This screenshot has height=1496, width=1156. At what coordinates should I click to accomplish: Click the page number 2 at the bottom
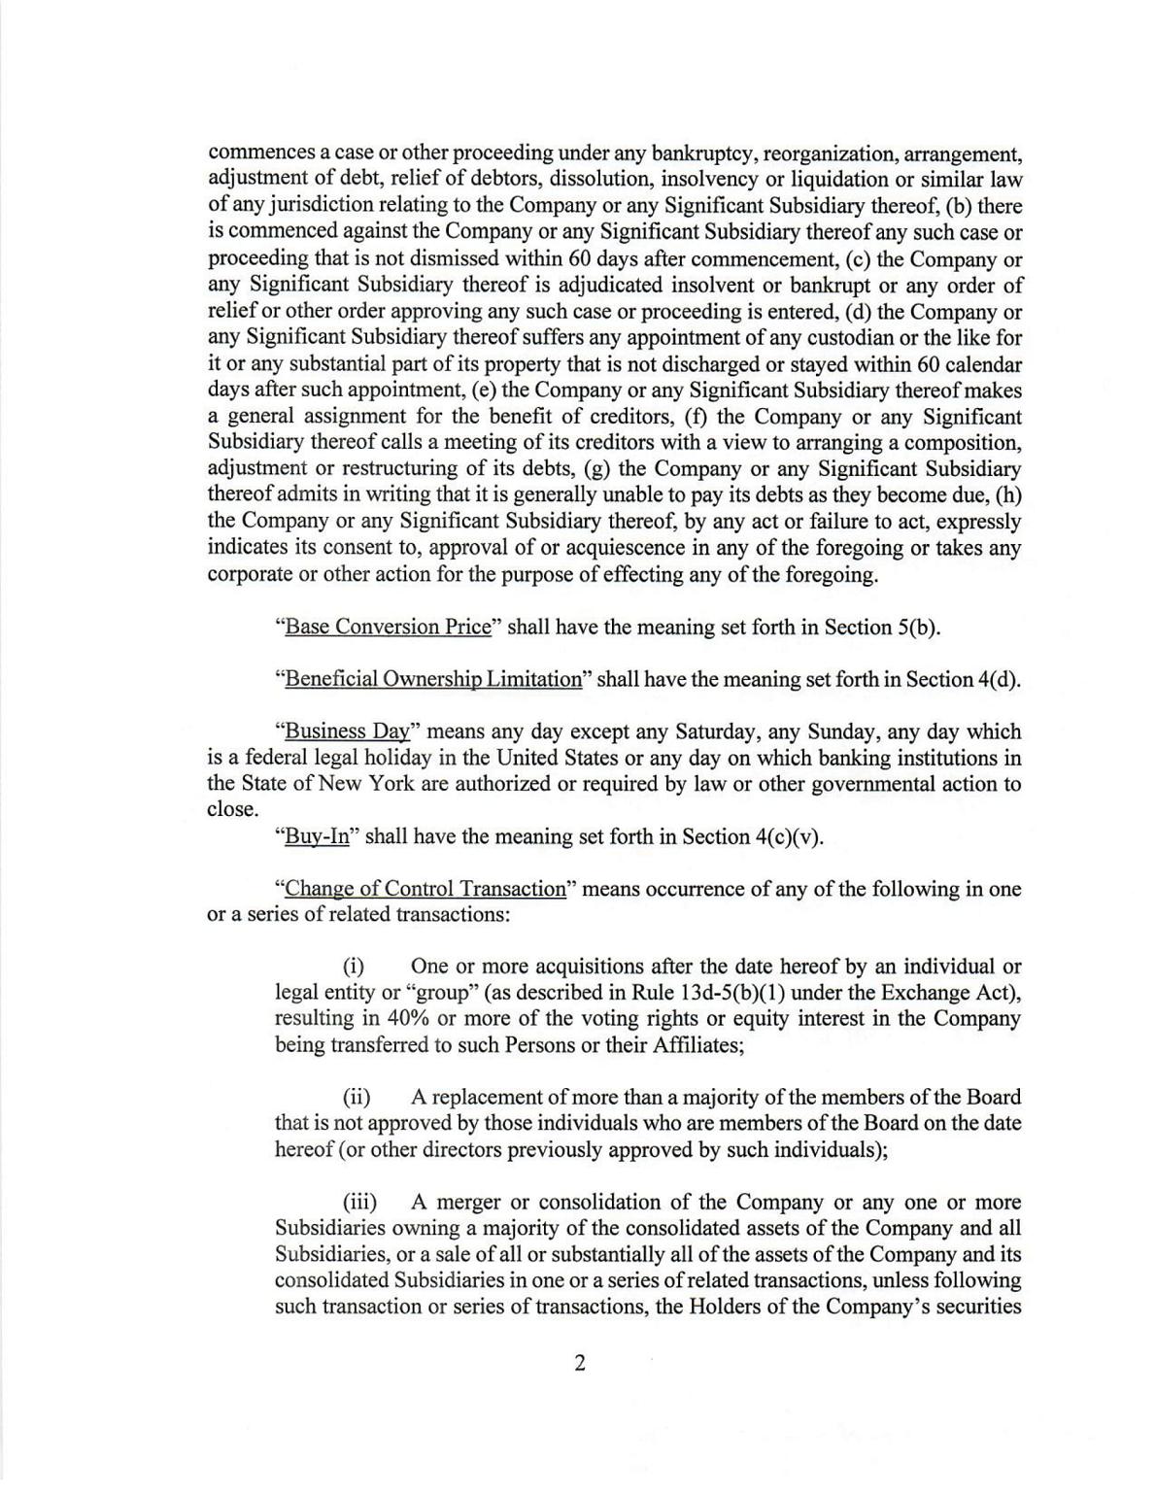(580, 1364)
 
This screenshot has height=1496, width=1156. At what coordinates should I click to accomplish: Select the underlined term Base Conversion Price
(388, 627)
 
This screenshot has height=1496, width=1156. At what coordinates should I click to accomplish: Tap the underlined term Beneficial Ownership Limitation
(432, 679)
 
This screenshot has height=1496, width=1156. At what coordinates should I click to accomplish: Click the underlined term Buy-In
(317, 836)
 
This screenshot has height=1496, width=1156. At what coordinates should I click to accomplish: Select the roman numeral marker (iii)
(358, 1203)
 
